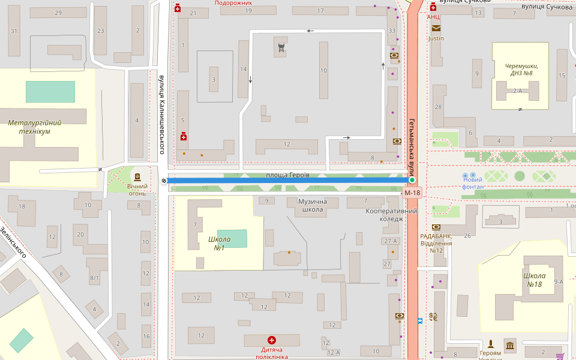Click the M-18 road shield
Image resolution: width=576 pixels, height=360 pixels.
(x=412, y=193)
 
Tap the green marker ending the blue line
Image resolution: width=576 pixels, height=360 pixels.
(x=412, y=180)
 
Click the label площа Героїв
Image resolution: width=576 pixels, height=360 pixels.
(x=287, y=175)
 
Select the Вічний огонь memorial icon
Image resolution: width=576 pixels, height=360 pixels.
(x=137, y=177)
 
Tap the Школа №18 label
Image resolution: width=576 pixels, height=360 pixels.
(x=533, y=280)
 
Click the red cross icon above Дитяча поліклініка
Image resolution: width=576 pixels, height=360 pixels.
(x=271, y=340)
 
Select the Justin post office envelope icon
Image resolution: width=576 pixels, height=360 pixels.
(x=435, y=28)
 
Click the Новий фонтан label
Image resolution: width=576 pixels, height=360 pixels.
(x=472, y=184)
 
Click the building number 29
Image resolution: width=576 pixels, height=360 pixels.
(x=58, y=13)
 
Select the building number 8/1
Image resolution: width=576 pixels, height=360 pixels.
(x=94, y=278)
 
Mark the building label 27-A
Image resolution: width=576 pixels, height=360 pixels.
(x=389, y=241)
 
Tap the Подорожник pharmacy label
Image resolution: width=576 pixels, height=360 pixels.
(x=233, y=3)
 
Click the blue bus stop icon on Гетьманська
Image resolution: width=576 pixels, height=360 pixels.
(x=419, y=320)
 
